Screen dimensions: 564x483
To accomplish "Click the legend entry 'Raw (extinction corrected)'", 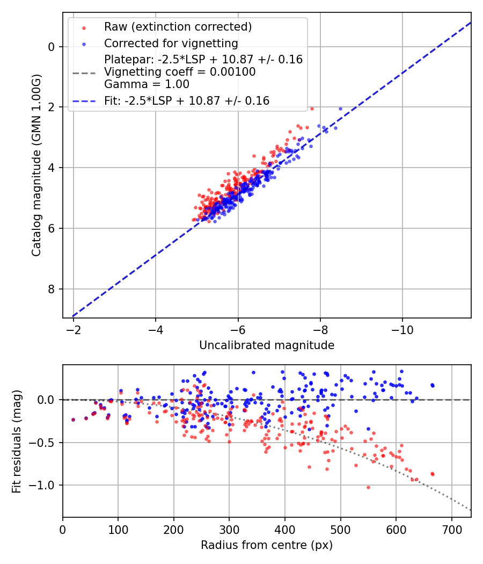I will pos(178,27).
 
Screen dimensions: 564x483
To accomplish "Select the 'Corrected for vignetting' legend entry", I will pos(171,43).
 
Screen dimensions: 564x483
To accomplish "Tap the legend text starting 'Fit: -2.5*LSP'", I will pos(187,100).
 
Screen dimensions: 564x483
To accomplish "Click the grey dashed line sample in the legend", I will pos(84,72).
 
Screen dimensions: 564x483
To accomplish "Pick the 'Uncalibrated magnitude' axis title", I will pos(267,345).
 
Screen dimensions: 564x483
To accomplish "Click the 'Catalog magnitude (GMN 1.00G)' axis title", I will pos(36,165).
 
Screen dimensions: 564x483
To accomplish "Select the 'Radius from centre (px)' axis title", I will pos(267,545).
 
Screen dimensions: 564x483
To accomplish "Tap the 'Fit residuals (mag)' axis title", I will pos(17,441).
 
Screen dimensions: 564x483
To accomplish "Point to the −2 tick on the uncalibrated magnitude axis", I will pos(74,329).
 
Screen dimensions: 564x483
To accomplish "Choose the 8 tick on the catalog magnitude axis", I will pos(52,290).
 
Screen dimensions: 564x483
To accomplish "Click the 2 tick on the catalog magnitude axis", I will pos(52,107).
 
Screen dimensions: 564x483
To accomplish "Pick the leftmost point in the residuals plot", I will pos(73,420).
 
